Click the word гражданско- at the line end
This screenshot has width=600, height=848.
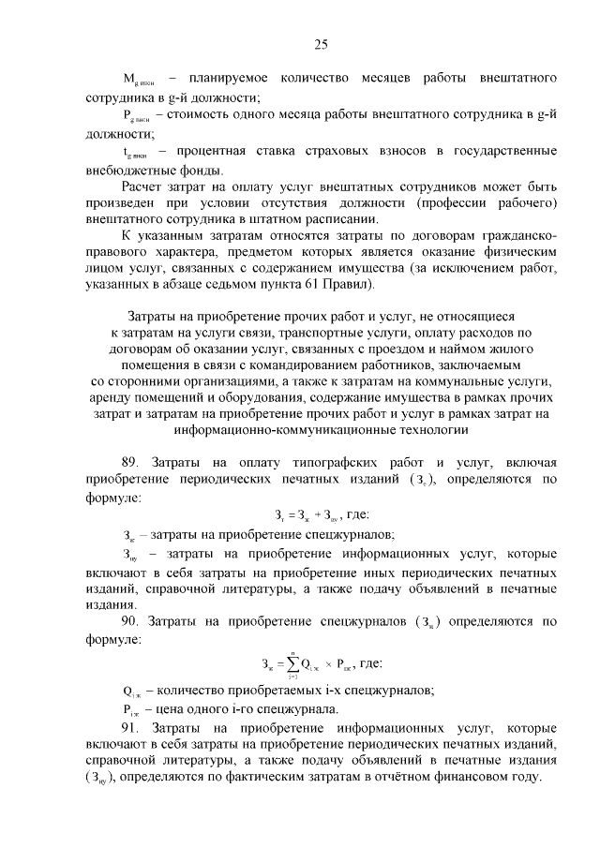[513, 232]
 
